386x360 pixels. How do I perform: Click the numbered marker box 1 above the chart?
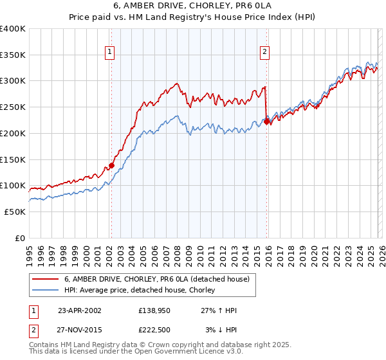pos(110,53)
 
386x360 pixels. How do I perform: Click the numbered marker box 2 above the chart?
pos(265,53)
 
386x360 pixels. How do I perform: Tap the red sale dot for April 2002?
pos(111,165)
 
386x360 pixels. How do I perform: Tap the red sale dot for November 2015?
pos(267,121)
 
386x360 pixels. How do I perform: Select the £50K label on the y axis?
pos(15,212)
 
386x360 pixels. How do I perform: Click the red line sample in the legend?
pos(46,279)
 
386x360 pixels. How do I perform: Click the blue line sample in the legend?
pos(46,290)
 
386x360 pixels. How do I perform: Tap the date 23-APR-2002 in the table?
pos(80,310)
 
